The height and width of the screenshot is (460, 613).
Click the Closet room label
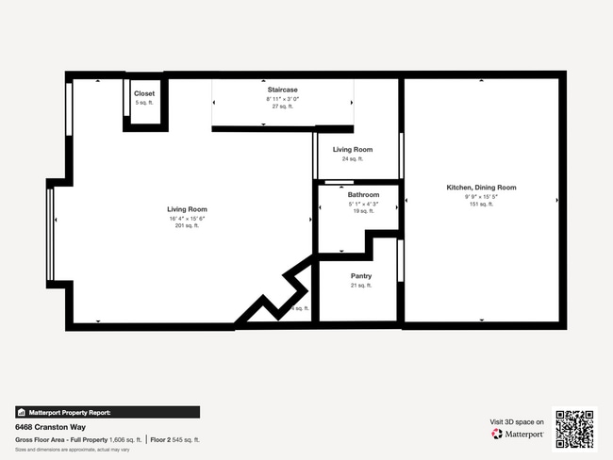[x=144, y=93]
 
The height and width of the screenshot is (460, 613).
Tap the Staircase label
[x=283, y=89]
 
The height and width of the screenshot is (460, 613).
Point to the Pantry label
[x=360, y=276]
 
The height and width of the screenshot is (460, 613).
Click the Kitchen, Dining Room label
[x=481, y=188]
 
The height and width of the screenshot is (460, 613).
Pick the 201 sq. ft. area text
[x=187, y=226]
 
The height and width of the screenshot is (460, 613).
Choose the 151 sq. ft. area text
[x=481, y=205]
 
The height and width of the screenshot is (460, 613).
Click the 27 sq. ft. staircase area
[x=283, y=107]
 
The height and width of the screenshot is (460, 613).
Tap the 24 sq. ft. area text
[x=352, y=159]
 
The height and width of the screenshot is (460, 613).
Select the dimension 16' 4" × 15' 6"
[x=187, y=218]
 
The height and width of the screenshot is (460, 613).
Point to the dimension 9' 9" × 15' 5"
[x=481, y=196]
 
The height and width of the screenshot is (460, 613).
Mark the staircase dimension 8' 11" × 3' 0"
[x=283, y=98]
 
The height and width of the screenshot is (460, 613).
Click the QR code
[x=574, y=427]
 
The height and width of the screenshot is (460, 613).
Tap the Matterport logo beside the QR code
[x=518, y=435]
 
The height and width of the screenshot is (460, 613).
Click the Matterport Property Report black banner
[x=108, y=412]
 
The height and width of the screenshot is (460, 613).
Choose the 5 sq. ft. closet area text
[x=144, y=102]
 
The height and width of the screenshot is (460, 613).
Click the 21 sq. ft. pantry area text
[x=360, y=285]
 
